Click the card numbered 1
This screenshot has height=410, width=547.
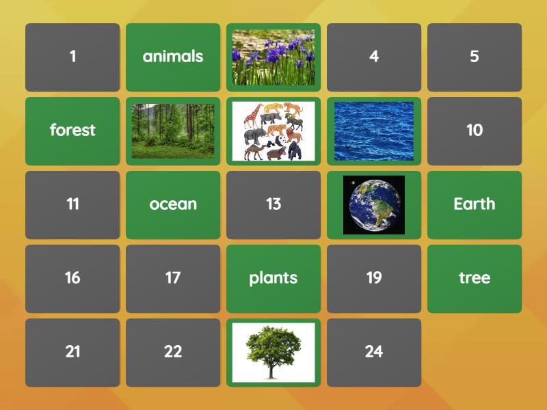72,57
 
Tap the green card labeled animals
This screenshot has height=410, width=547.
173,57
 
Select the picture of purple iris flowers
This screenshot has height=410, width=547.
273,57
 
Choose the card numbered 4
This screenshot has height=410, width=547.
374,57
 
